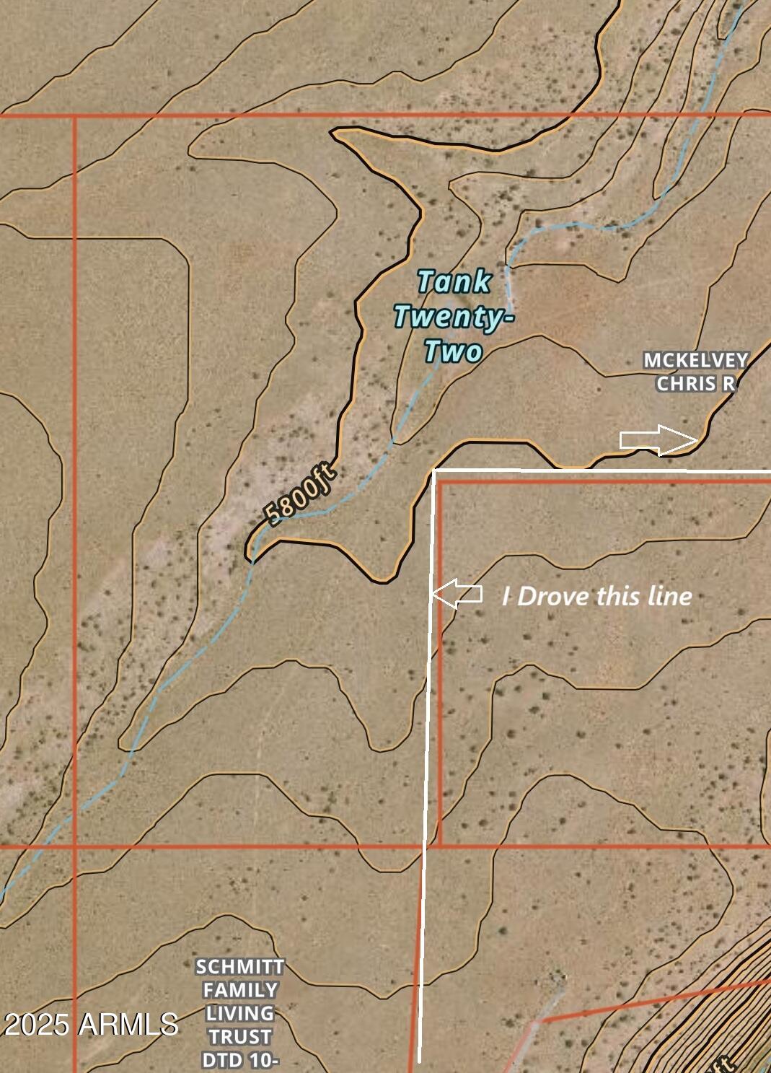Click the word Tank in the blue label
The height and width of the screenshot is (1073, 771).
[x=454, y=281]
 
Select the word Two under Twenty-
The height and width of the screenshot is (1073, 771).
[x=452, y=351]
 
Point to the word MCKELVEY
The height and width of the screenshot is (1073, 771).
[x=696, y=360]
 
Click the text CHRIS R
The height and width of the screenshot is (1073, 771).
[x=696, y=383]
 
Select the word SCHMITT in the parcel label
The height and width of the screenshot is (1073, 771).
[x=240, y=966]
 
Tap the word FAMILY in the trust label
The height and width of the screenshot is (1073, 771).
[x=240, y=990]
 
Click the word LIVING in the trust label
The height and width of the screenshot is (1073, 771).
[x=240, y=1013]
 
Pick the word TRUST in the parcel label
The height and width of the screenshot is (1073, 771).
[x=240, y=1037]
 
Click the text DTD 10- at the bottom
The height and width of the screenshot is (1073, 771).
[x=240, y=1060]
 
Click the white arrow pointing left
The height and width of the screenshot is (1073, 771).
[x=457, y=594]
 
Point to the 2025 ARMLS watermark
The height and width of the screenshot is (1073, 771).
[x=92, y=1024]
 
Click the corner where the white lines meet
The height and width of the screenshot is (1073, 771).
[x=435, y=470]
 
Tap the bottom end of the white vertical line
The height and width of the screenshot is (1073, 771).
[x=419, y=1061]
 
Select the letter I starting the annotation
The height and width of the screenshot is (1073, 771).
[x=507, y=596]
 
